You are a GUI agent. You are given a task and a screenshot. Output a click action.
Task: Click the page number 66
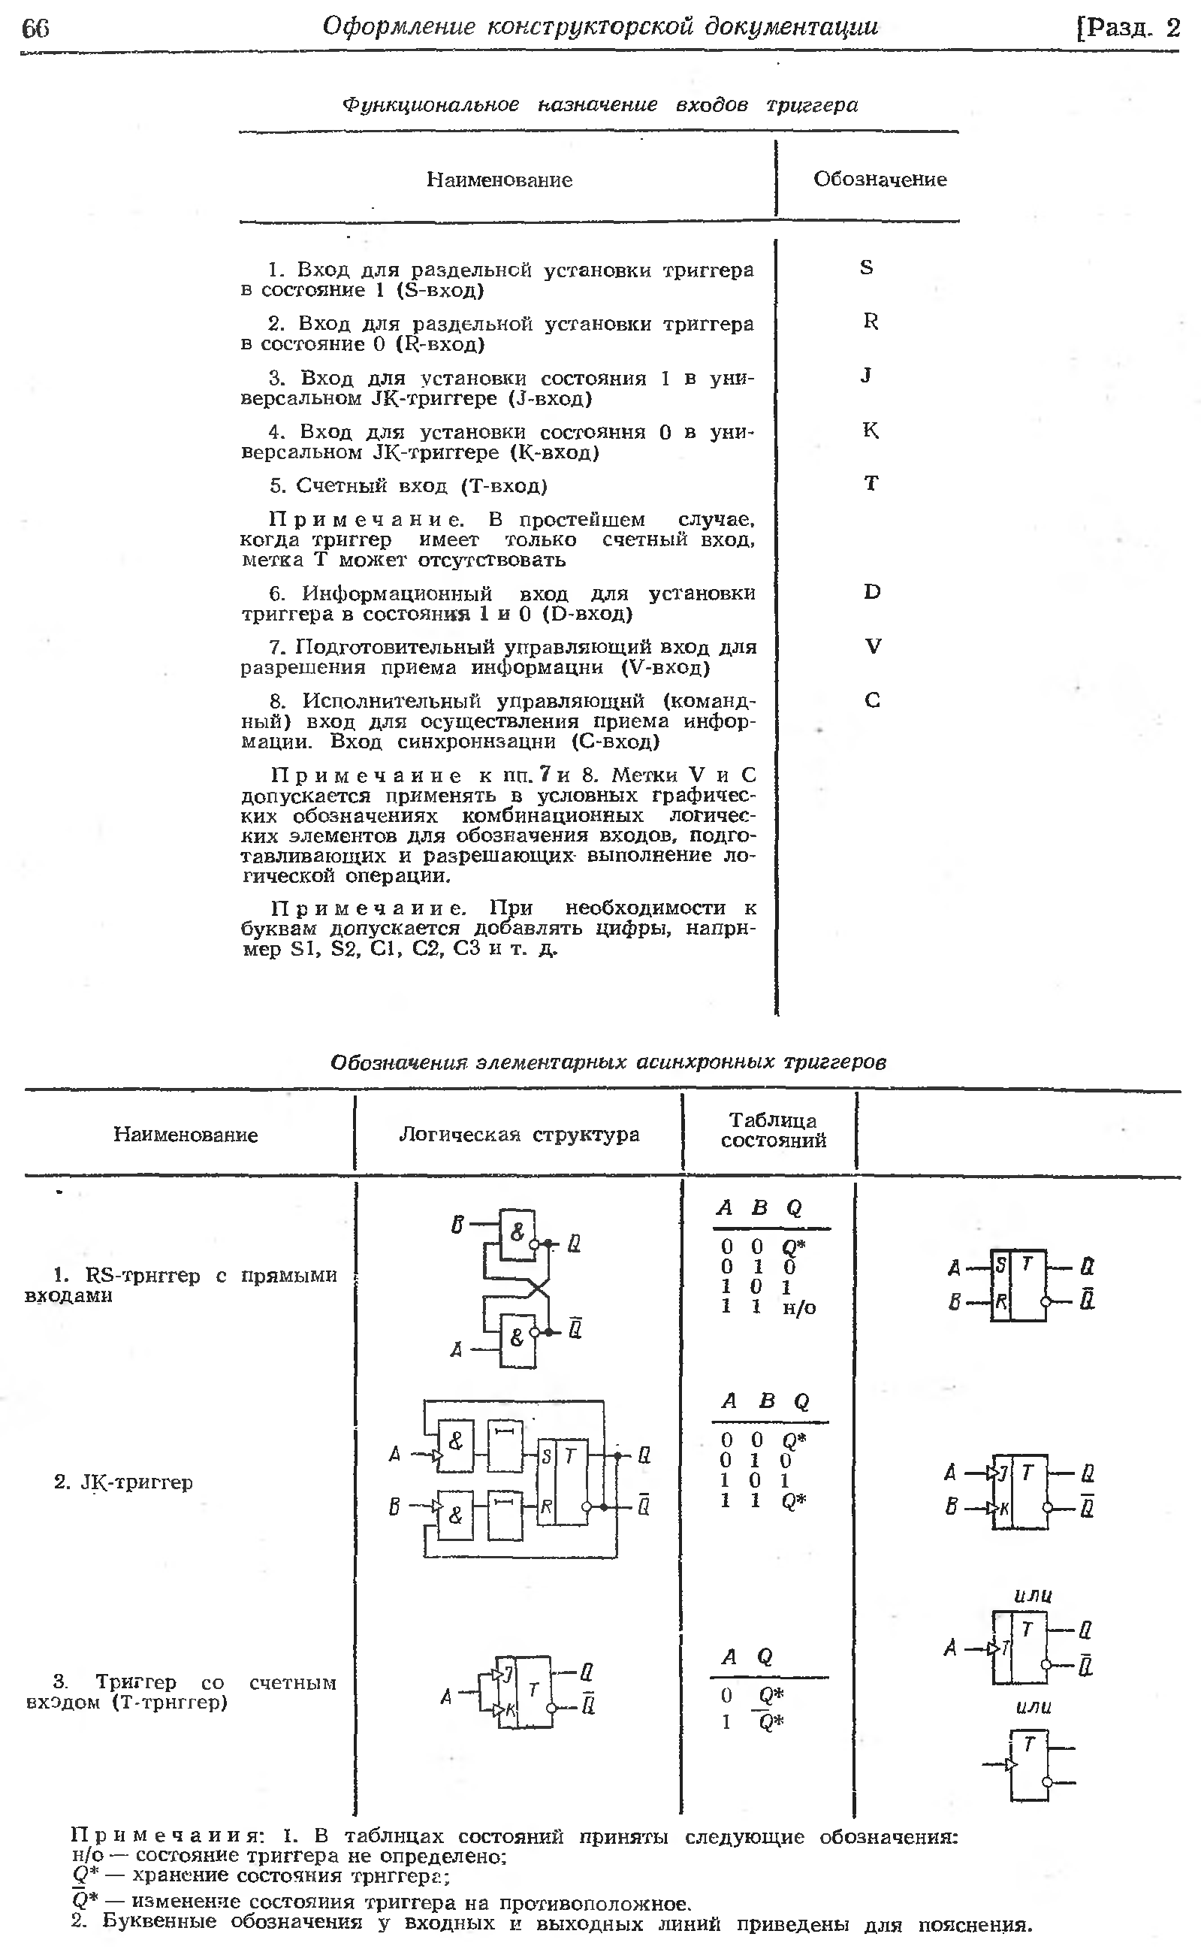pos(36,29)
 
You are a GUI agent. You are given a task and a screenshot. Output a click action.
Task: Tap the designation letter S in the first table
pos(867,267)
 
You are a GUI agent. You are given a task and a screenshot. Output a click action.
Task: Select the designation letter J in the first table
pos(867,375)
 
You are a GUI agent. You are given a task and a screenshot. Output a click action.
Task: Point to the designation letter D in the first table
pos(872,592)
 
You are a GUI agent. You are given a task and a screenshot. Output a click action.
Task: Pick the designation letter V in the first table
pos(873,647)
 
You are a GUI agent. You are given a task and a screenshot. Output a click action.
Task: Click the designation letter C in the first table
pos(872,701)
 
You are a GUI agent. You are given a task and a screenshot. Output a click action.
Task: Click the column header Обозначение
pos(880,180)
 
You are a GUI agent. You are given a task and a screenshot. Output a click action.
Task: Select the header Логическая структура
pos(519,1135)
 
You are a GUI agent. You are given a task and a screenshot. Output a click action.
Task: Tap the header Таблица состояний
pos(773,1131)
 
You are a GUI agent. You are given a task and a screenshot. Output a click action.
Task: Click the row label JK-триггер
pos(124,1482)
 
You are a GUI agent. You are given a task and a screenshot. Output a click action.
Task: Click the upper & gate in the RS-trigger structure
pos(517,1233)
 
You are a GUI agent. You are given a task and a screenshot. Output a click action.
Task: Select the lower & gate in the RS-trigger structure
pos(516,1338)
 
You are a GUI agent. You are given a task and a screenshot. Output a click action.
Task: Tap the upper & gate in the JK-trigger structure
pos(456,1441)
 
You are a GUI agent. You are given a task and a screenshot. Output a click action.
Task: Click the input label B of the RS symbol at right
pos(955,1302)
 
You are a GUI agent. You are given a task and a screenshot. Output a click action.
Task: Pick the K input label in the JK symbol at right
pos(1004,1506)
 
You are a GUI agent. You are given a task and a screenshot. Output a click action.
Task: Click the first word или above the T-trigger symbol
pos(1034,1594)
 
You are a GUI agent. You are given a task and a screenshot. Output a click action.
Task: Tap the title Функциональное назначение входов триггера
pos(599,105)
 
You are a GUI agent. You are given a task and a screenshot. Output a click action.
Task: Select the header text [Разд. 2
pos(1128,29)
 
